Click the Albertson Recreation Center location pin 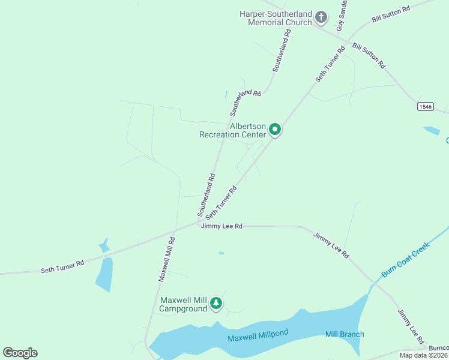(x=275, y=130)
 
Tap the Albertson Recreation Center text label (x=233, y=131)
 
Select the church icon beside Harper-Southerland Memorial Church (x=321, y=17)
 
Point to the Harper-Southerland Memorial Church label (x=276, y=18)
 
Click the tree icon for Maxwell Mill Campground (x=216, y=304)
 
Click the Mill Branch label (x=345, y=334)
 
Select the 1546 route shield (x=426, y=106)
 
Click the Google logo (x=20, y=353)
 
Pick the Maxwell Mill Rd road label (x=166, y=259)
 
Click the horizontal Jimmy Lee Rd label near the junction (x=221, y=226)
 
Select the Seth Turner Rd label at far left (x=62, y=266)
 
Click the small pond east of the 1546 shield (x=431, y=130)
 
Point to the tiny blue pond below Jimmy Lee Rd (x=221, y=253)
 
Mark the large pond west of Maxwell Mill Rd (x=104, y=275)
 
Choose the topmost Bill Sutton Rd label (x=391, y=14)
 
